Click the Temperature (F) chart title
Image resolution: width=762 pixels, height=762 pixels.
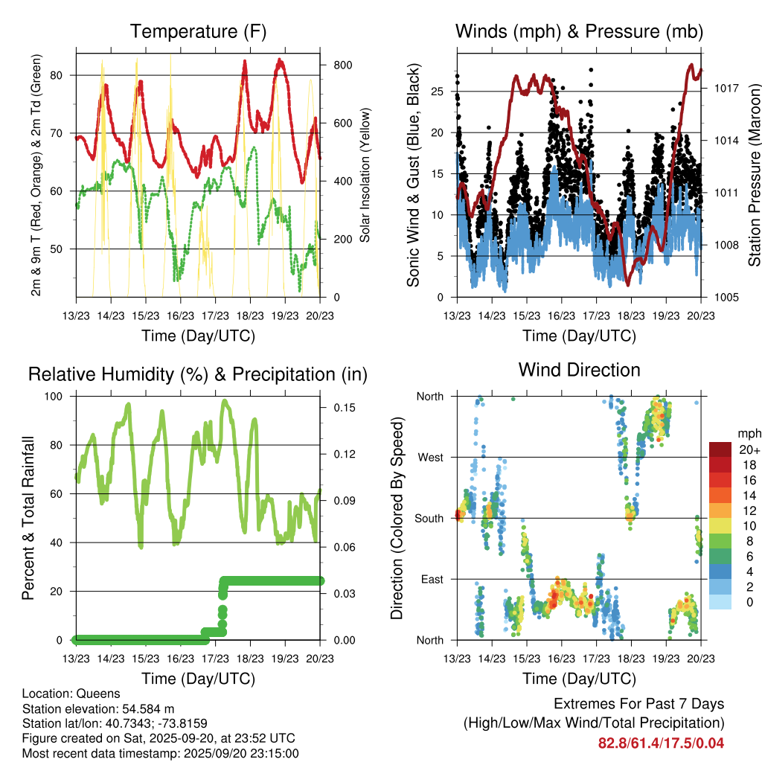198,32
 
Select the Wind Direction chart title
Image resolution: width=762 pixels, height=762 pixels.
579,370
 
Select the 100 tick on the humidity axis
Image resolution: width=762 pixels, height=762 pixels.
58,397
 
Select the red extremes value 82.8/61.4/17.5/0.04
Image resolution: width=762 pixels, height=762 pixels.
661,743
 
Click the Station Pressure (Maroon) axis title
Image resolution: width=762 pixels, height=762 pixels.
753,176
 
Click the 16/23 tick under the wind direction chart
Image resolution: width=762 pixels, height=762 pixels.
562,659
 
